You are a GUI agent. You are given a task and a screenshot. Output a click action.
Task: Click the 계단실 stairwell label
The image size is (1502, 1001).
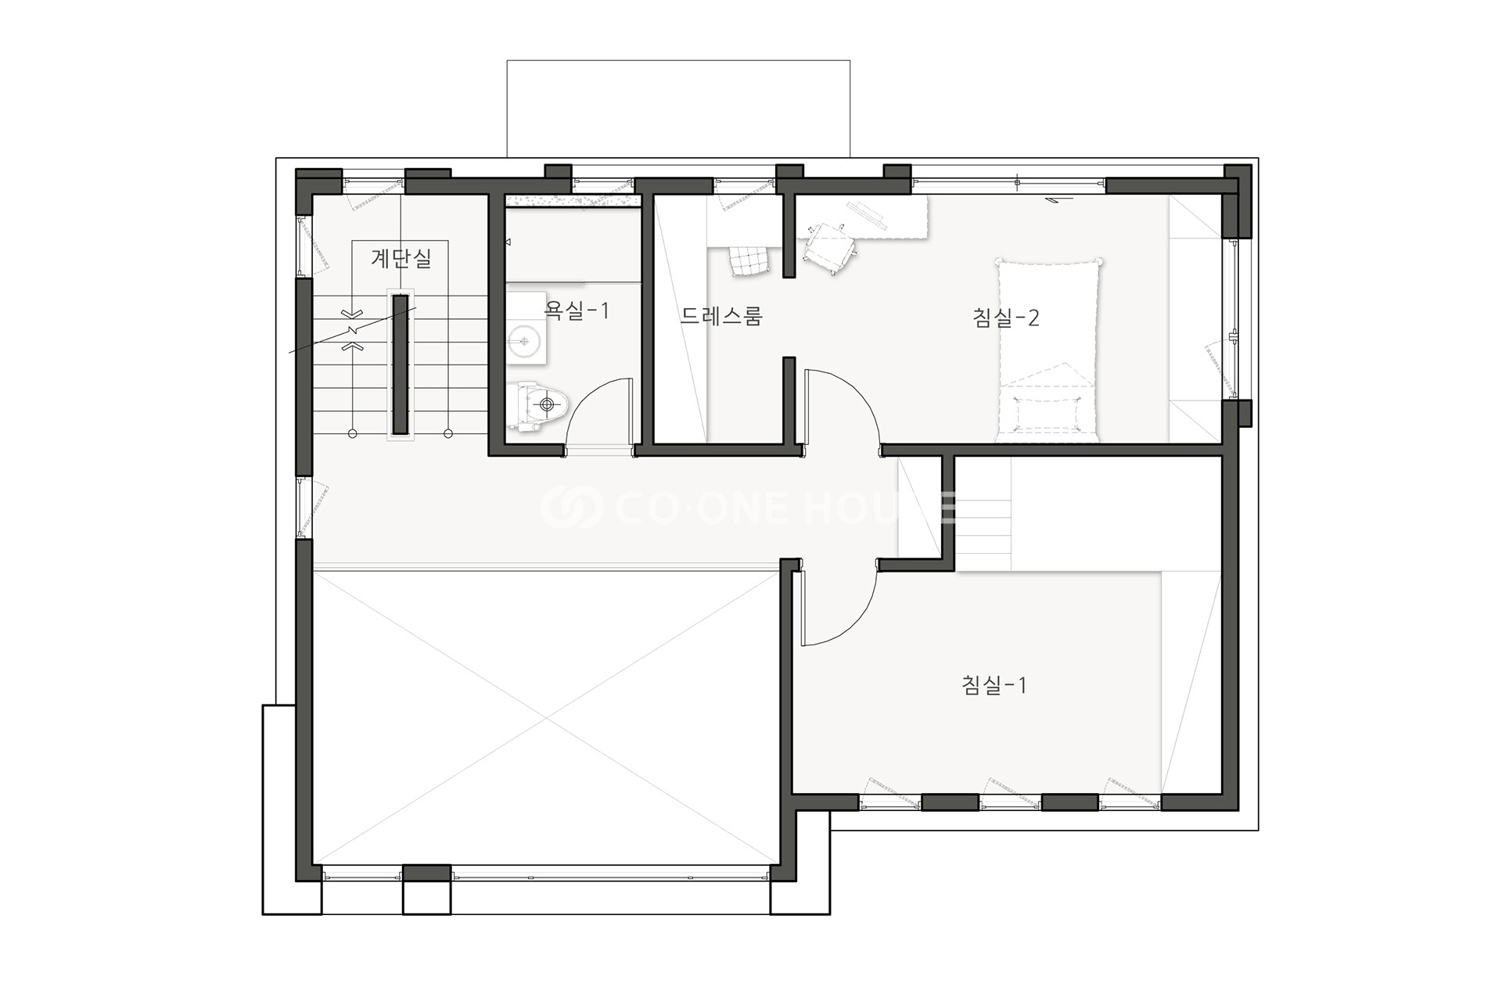401,257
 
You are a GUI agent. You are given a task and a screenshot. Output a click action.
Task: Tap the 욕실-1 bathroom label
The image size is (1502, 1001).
577,311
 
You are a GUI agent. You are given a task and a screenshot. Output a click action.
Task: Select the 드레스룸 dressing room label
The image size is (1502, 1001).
720,315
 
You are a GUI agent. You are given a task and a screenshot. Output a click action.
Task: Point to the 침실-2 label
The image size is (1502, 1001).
1005,318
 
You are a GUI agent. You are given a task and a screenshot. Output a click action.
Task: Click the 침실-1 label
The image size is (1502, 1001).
994,685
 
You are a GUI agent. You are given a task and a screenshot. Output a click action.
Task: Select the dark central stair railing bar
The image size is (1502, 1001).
401,364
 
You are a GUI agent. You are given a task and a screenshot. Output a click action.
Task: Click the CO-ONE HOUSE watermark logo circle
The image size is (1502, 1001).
573,507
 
